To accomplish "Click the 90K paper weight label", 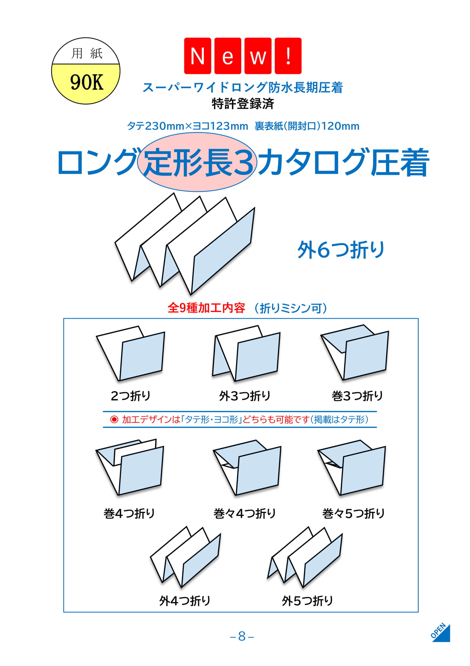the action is tap(87, 83).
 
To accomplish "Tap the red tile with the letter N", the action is tap(197, 56).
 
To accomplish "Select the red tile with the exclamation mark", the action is tap(288, 56).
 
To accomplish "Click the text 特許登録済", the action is tap(243, 104).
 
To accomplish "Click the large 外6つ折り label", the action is tap(341, 250).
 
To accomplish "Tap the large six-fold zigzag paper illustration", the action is tap(185, 244).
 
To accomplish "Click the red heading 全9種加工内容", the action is tap(206, 308).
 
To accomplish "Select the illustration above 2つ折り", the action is tap(130, 353).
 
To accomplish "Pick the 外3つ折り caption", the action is tap(245, 396).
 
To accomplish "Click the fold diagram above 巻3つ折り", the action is tap(355, 352).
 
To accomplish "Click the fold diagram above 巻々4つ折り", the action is tap(247, 468).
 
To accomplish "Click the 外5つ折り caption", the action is tap(307, 601).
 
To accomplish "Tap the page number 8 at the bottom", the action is tap(242, 636).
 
